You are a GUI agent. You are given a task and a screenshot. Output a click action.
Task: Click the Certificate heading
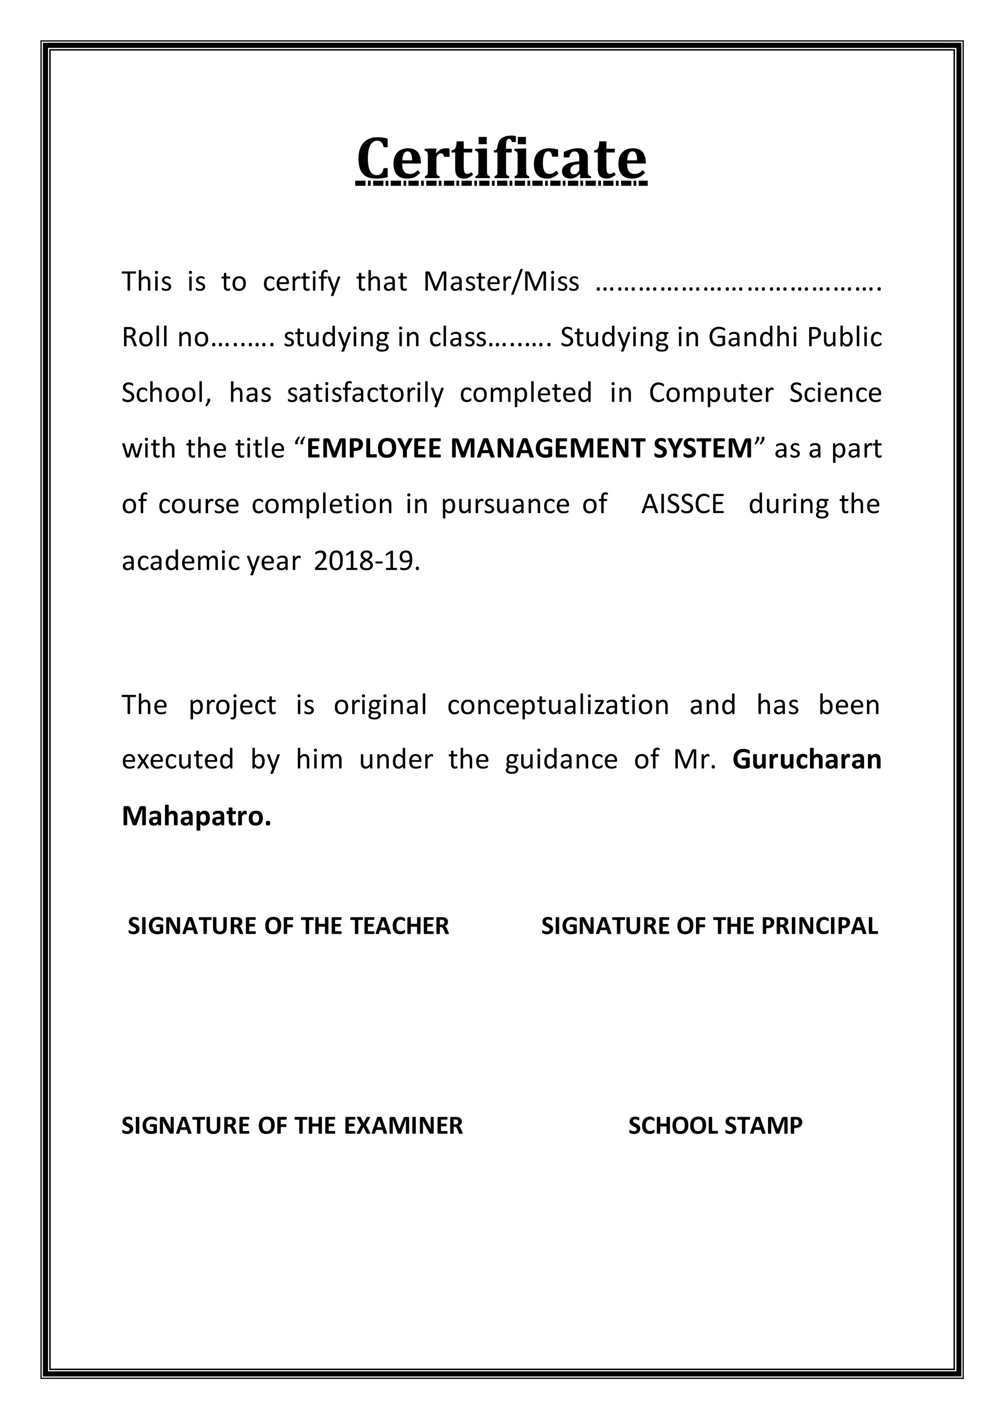click(501, 159)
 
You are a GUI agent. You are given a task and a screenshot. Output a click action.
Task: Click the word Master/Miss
click(501, 282)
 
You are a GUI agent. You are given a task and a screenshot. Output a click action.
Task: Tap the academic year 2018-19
click(366, 561)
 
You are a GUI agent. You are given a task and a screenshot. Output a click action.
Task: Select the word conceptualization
click(558, 705)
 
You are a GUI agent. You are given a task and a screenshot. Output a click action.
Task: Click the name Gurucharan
click(807, 759)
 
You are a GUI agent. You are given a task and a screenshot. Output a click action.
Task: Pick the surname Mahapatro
click(196, 816)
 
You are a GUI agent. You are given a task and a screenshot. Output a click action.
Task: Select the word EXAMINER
click(403, 1125)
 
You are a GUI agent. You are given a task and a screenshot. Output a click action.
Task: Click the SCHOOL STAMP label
click(715, 1125)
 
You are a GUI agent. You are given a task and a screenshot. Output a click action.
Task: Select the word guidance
click(561, 759)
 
